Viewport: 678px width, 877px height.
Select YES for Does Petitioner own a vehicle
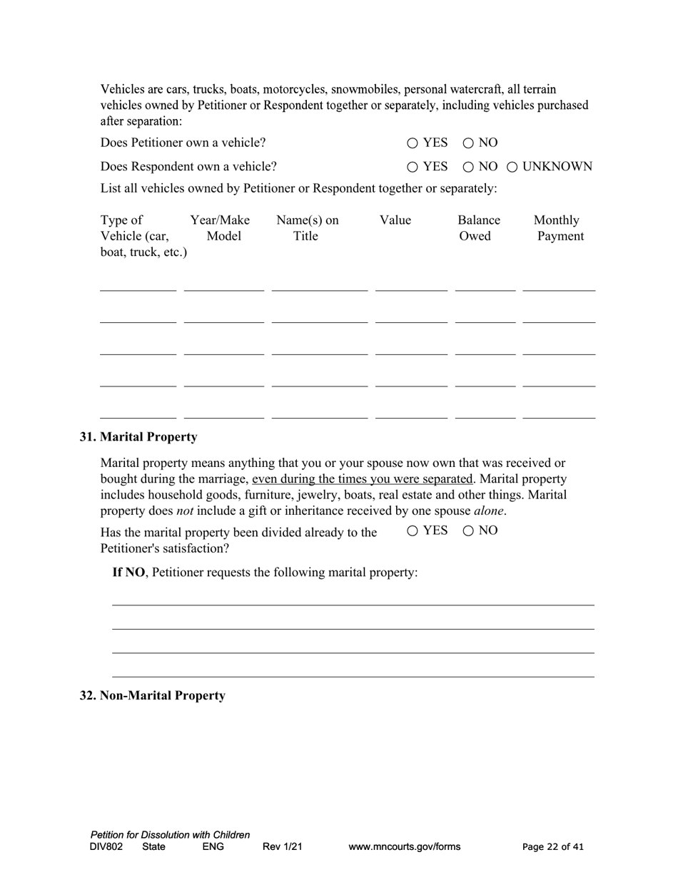[x=413, y=143]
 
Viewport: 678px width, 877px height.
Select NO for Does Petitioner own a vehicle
[x=469, y=143]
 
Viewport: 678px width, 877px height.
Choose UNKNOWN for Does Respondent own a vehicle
[x=512, y=167]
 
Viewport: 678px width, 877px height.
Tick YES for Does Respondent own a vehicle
[x=413, y=167]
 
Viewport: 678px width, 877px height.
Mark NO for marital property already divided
[x=469, y=530]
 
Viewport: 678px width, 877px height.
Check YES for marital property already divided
[x=413, y=530]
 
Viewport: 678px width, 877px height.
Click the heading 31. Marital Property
[x=138, y=436]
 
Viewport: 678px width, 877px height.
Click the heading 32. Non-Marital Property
[x=152, y=695]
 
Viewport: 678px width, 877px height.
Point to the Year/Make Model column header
[x=220, y=228]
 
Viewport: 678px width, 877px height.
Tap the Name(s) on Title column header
[x=307, y=228]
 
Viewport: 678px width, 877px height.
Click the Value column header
[x=395, y=220]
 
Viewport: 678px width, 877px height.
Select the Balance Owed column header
[x=478, y=228]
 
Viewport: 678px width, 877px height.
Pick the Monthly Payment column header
[x=558, y=228]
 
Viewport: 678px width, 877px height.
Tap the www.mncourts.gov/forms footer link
[x=404, y=847]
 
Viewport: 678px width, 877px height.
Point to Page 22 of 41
[x=552, y=847]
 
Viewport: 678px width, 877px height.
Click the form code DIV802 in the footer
[x=106, y=847]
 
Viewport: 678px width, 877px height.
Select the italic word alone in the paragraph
[x=489, y=511]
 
